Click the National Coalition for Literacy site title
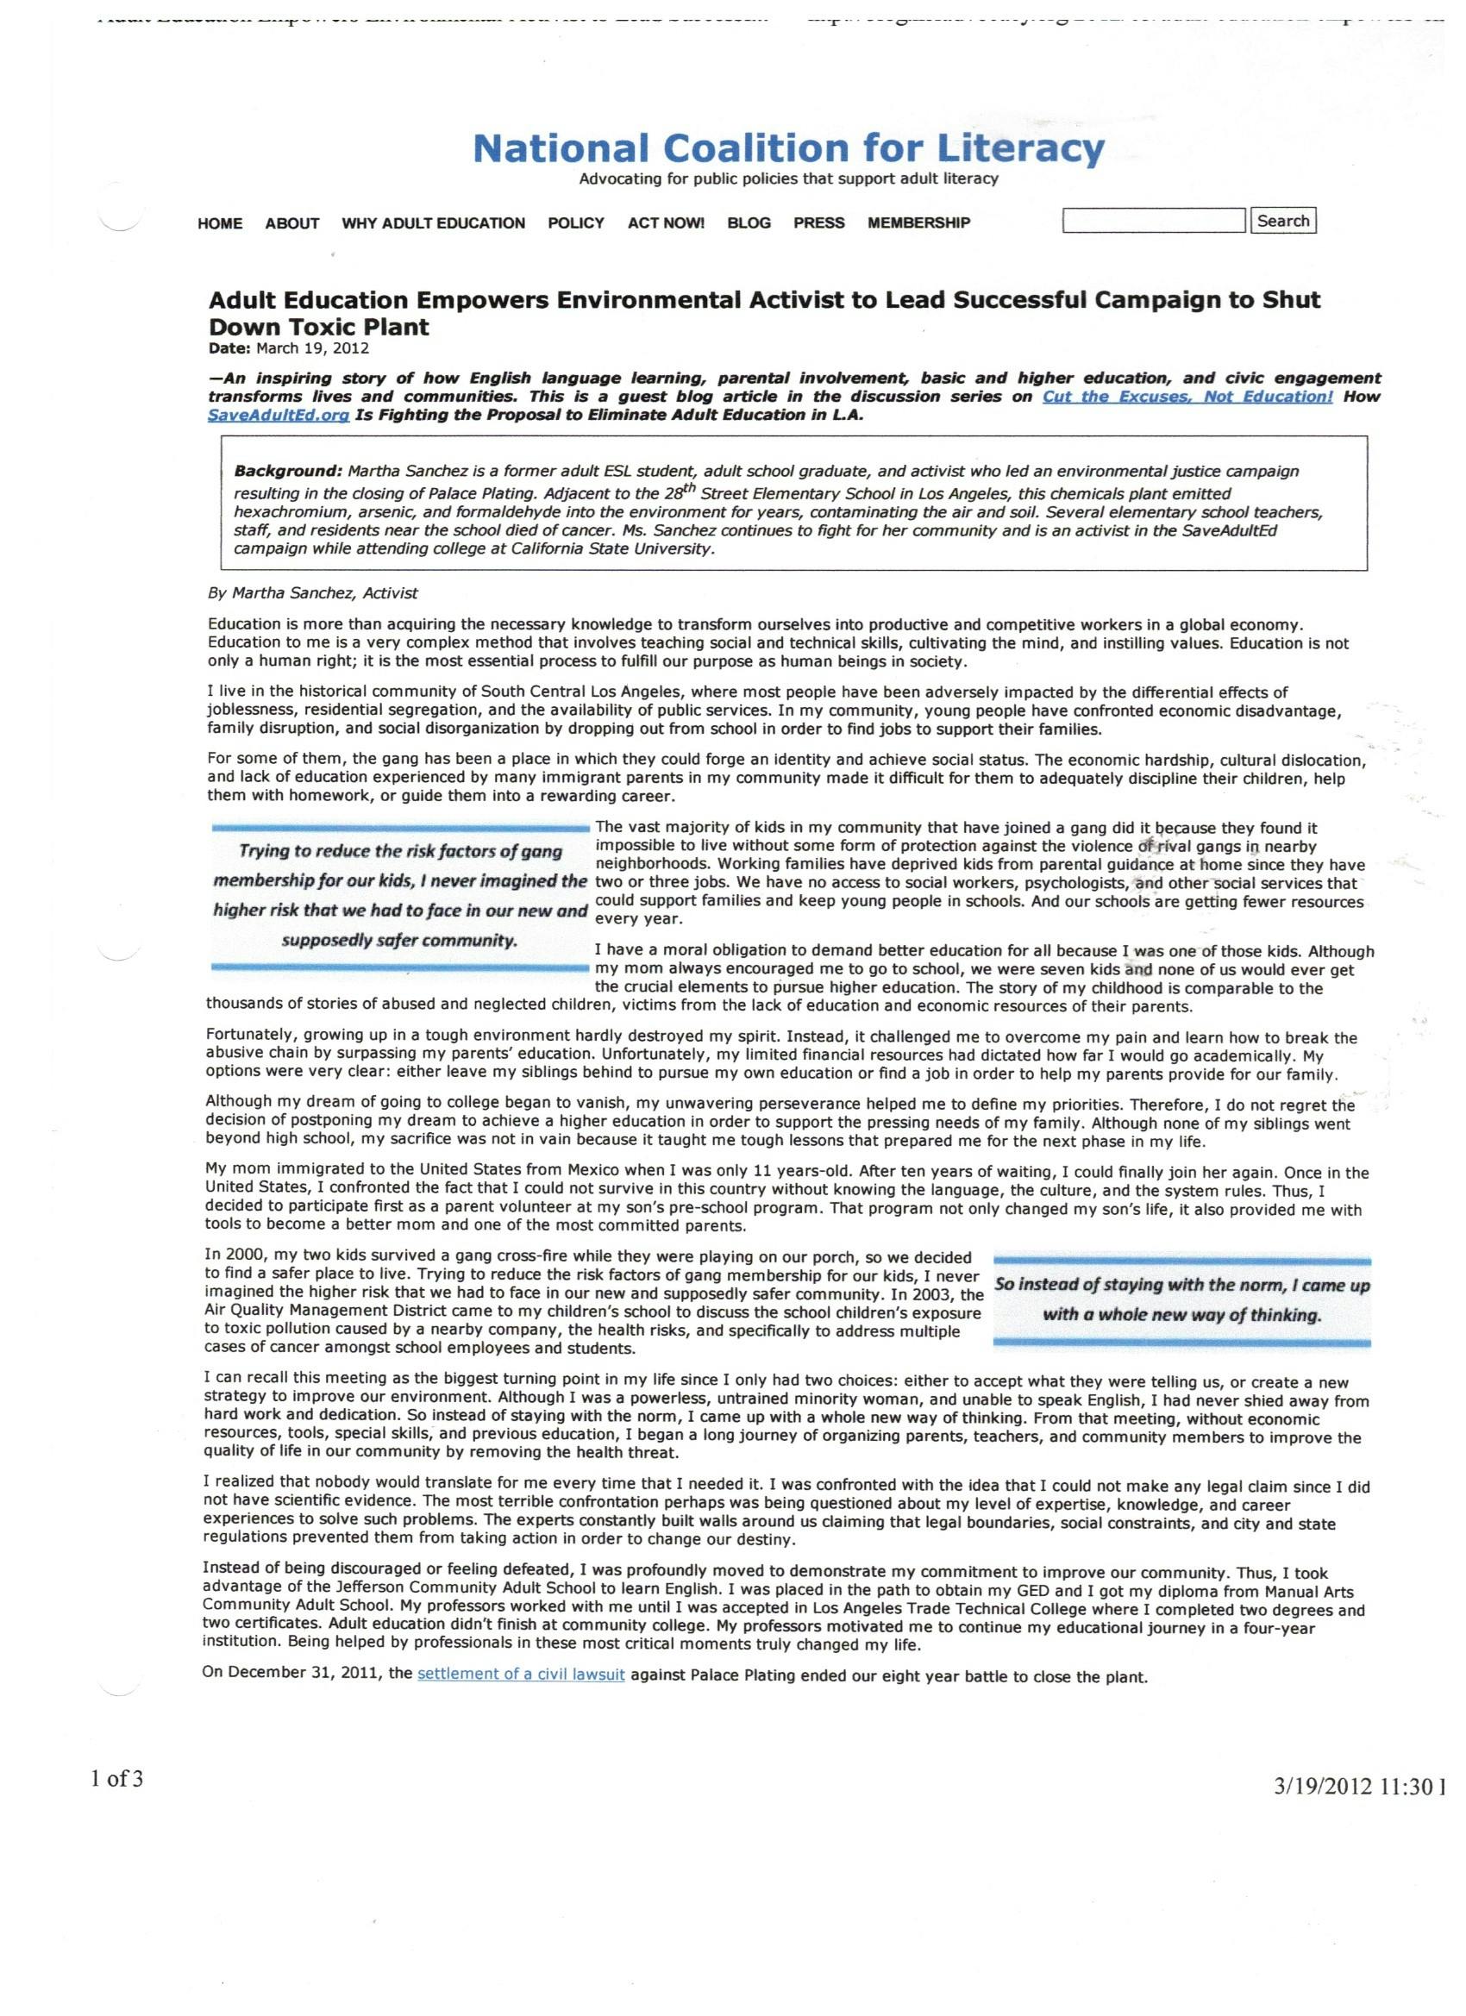(788, 148)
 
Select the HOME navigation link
(220, 223)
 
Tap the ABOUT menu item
(291, 223)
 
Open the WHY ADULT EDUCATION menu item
(433, 223)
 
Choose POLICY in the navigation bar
(575, 223)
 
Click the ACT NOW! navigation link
(666, 223)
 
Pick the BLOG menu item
(749, 223)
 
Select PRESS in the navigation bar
(818, 223)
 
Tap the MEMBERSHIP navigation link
(918, 223)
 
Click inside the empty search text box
(1153, 221)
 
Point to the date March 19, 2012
(312, 348)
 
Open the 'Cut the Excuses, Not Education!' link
(1187, 397)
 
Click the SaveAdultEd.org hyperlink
(278, 416)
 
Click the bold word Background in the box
(287, 470)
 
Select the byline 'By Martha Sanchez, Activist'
(312, 593)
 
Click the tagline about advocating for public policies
(788, 178)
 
